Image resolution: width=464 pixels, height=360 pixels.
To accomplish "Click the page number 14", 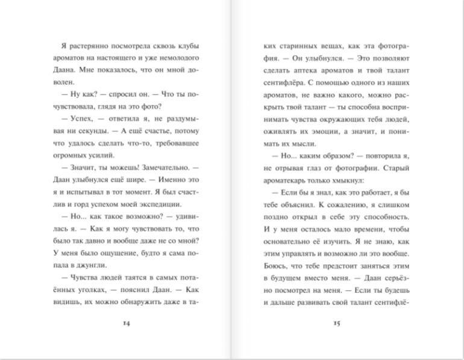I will tap(126, 323).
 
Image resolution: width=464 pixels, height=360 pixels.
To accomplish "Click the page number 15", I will tap(337, 323).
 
